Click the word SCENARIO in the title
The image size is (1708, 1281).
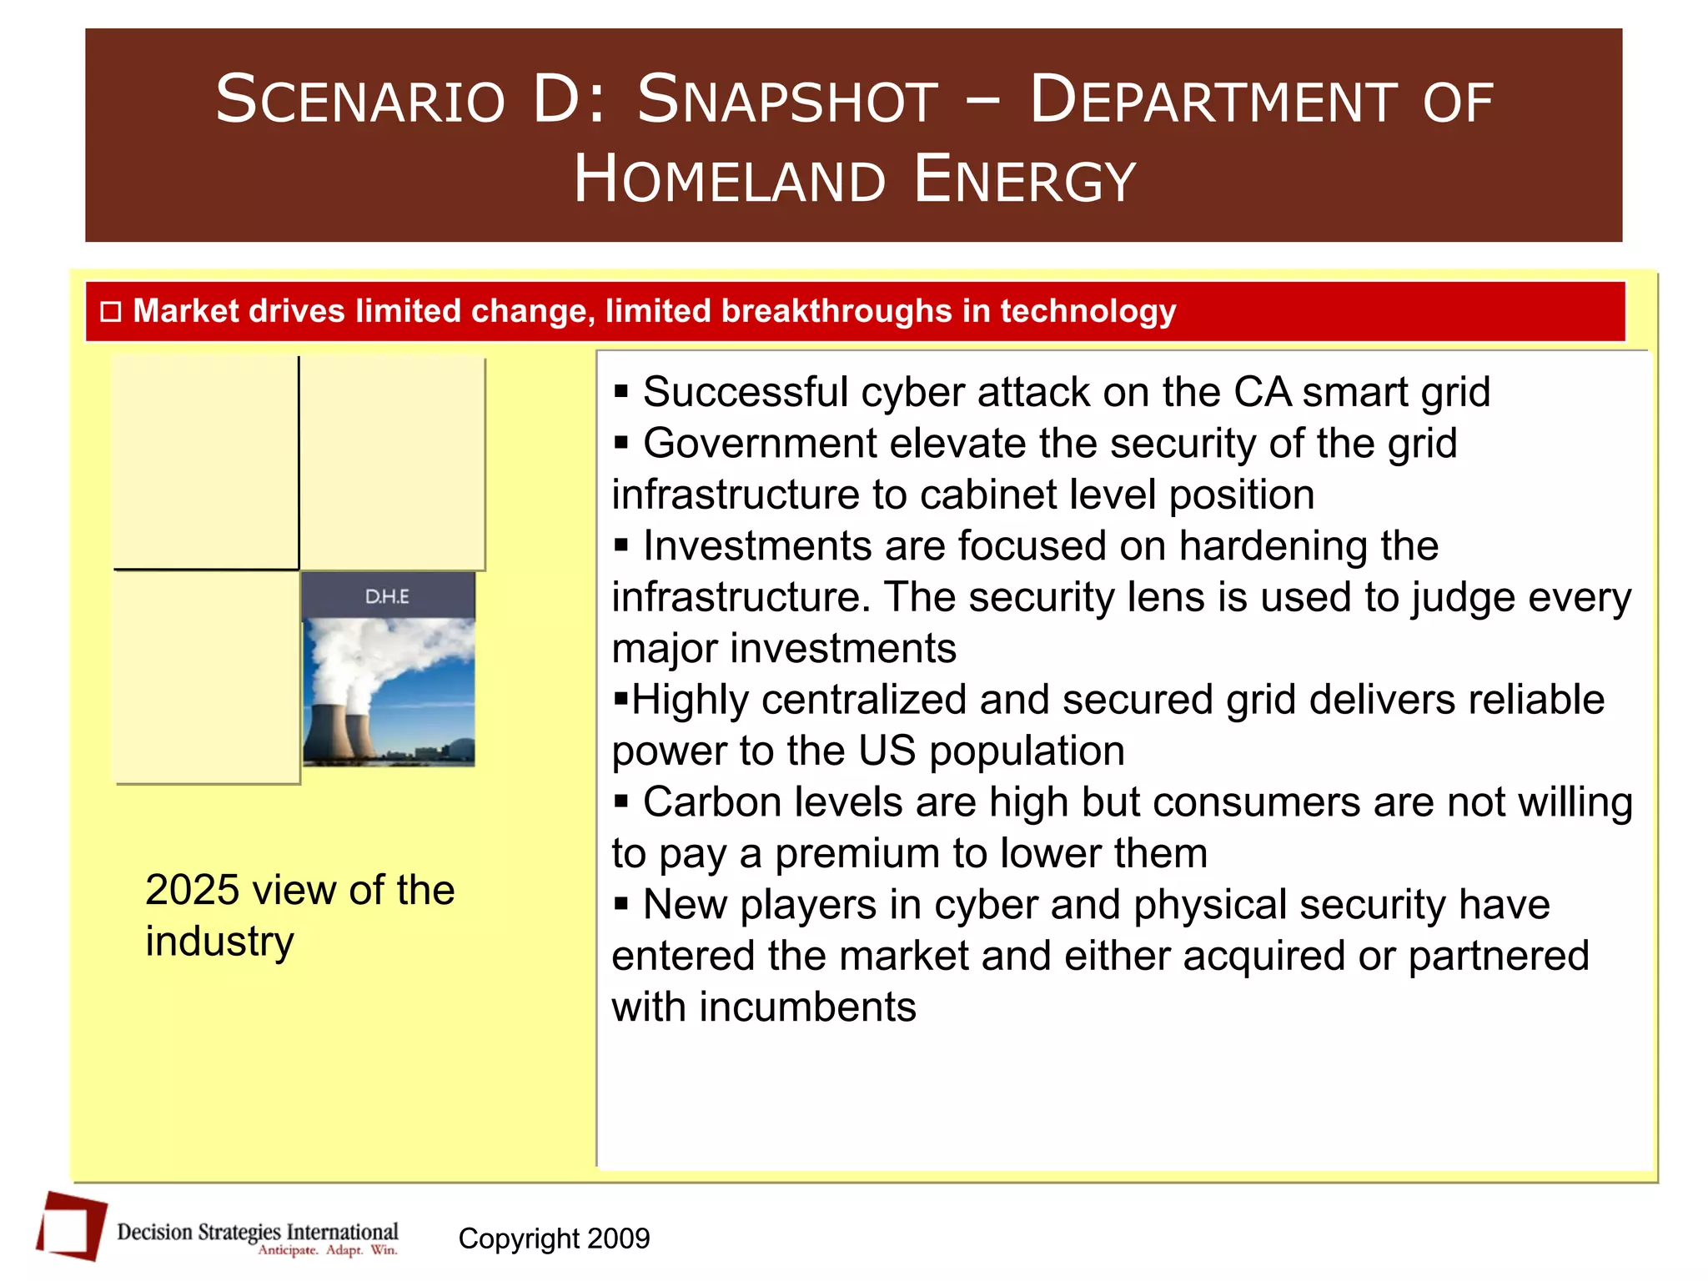pos(360,100)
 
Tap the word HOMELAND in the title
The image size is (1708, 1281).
pos(729,179)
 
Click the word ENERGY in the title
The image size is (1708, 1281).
pos(1025,179)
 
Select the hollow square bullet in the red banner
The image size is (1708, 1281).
pos(111,312)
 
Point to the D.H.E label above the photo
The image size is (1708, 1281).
pos(387,596)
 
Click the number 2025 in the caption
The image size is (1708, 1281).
pos(192,890)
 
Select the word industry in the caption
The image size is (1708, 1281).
pos(219,942)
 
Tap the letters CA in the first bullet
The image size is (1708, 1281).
pos(1263,392)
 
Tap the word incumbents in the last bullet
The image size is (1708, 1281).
pos(807,1007)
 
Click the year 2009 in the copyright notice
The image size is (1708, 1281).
pos(618,1238)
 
